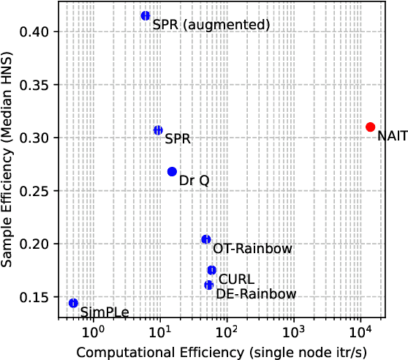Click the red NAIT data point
[x=370, y=127]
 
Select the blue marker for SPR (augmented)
[x=146, y=15]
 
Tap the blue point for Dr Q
[x=172, y=171]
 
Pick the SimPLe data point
[x=73, y=303]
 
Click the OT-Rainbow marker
[x=206, y=239]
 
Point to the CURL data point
[x=211, y=270]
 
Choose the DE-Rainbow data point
[x=208, y=285]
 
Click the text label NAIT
[x=392, y=136]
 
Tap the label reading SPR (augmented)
[x=211, y=25]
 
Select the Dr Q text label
[x=194, y=180]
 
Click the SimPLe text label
[x=105, y=312]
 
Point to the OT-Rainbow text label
[x=252, y=249]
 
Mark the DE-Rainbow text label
[x=256, y=294]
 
